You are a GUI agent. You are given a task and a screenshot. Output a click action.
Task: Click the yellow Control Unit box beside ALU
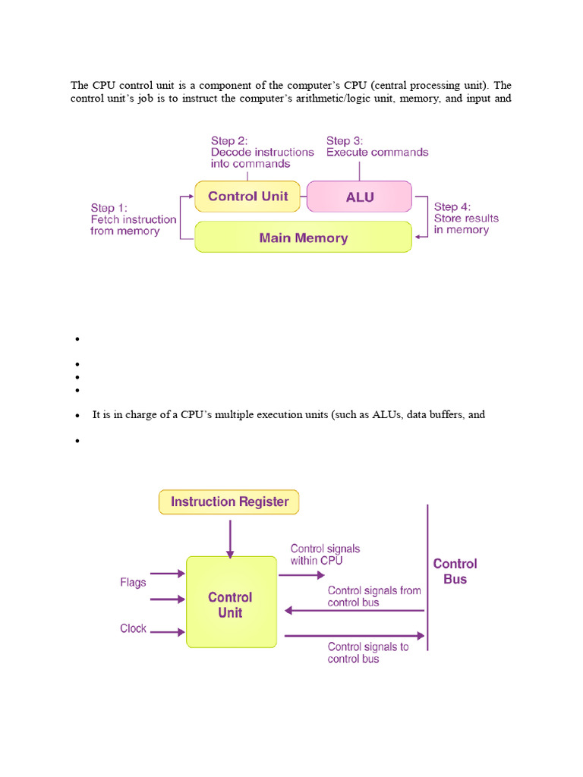click(x=247, y=197)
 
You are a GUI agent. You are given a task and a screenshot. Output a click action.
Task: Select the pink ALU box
click(x=359, y=197)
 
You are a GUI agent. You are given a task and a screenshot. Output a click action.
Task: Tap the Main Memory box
click(x=303, y=238)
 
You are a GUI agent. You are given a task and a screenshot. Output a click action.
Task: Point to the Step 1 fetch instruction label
click(x=133, y=219)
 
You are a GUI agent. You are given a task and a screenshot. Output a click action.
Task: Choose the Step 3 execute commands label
click(x=377, y=146)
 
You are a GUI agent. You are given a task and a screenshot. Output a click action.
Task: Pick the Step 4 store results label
click(x=465, y=218)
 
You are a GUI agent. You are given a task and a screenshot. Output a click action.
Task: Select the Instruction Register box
click(x=229, y=502)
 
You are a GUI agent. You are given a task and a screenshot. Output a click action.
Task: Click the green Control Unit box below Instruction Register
click(x=231, y=602)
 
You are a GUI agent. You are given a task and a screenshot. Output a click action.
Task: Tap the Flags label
click(x=133, y=583)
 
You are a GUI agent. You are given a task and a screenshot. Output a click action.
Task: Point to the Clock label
click(x=133, y=629)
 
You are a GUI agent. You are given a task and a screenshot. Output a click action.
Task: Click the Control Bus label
click(x=455, y=571)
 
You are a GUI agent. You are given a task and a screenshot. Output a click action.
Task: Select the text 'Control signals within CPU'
click(x=325, y=555)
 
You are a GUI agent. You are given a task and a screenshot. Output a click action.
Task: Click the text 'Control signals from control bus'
click(x=373, y=596)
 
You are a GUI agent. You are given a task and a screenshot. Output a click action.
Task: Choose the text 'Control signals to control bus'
click(x=367, y=653)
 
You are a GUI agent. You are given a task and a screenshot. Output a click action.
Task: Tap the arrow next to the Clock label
click(x=168, y=631)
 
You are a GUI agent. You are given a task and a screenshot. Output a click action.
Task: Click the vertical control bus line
click(x=428, y=577)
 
